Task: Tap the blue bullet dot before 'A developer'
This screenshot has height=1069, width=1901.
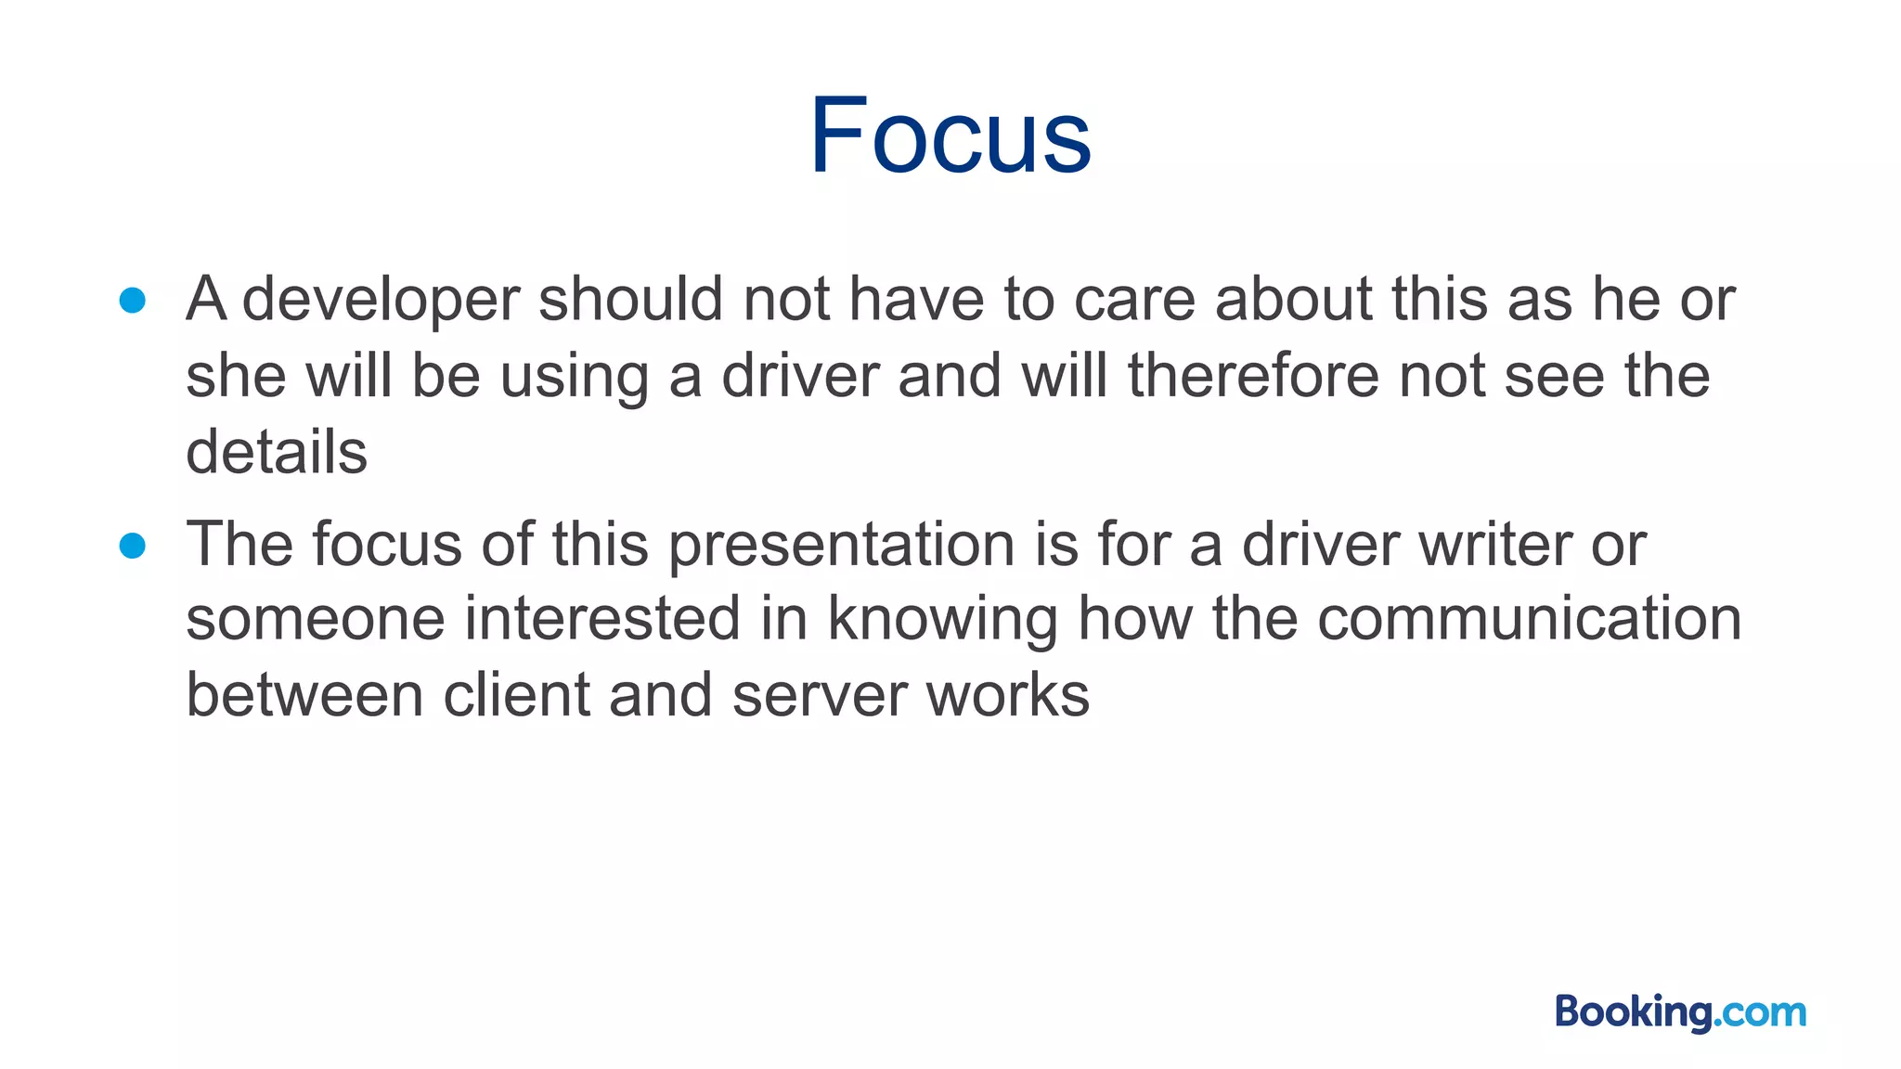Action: (133, 301)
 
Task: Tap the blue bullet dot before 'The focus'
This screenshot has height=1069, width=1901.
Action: (133, 546)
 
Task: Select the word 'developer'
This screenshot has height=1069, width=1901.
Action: (381, 301)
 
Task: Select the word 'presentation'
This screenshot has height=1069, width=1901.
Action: (842, 545)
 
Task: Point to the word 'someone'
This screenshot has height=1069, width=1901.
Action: (316, 620)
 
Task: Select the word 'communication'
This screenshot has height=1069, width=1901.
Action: (1530, 619)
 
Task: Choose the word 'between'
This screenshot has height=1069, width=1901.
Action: (304, 695)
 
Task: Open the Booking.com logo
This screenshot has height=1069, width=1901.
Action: (1680, 1011)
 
